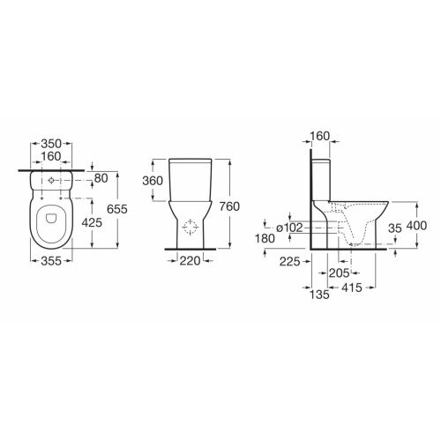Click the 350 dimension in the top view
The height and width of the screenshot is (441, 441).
tap(55, 141)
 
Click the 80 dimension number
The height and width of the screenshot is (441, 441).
tap(100, 179)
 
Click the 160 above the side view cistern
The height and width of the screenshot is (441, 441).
tap(320, 136)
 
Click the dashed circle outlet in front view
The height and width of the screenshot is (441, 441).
tap(190, 228)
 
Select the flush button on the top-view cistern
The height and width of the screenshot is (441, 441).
tap(56, 182)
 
